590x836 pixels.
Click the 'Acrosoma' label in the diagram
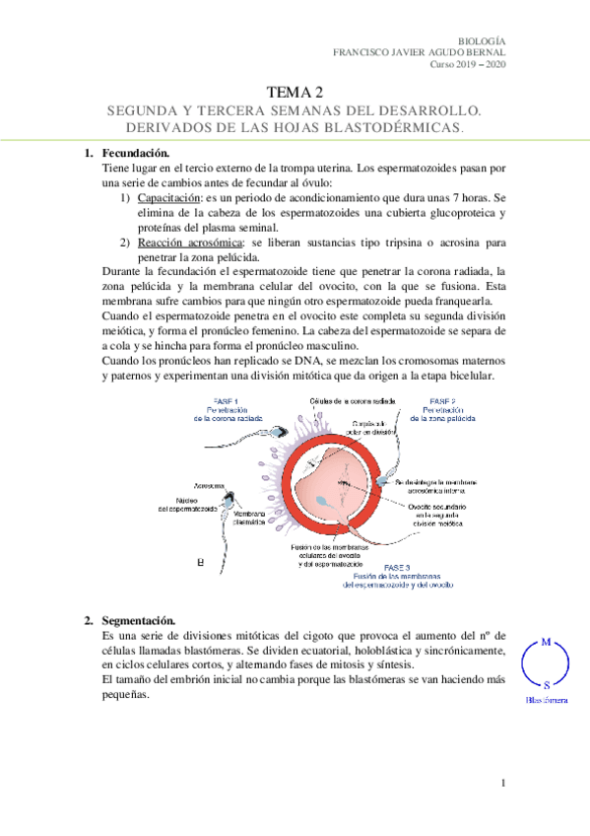pos(208,487)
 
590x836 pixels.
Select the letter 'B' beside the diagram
pos(201,563)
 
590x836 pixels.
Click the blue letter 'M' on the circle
pos(546,642)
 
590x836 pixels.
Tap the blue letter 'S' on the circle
pos(547,683)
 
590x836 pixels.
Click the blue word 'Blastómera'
pos(546,699)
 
